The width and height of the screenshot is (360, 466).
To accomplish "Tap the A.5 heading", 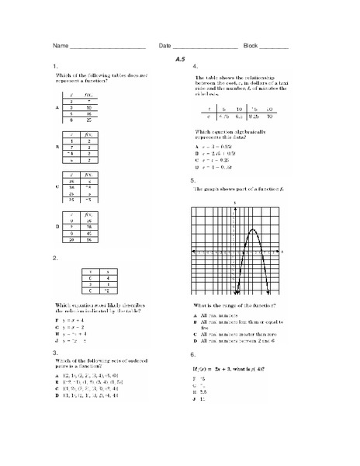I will click(180, 59).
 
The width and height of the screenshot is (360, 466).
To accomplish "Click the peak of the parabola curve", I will click(252, 230).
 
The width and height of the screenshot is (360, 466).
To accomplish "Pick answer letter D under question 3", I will click(57, 396).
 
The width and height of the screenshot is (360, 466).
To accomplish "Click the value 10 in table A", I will click(90, 106).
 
